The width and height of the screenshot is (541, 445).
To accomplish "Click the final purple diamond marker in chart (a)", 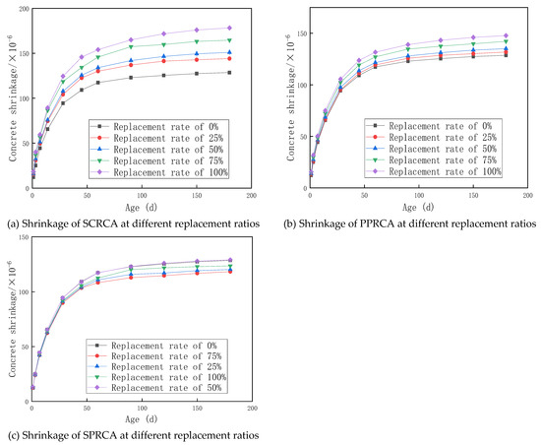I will (229, 28).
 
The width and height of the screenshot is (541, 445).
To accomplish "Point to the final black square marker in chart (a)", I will (229, 72).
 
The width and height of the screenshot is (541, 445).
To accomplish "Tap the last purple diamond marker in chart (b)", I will (507, 35).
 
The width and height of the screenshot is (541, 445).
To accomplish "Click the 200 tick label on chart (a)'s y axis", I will (22, 9).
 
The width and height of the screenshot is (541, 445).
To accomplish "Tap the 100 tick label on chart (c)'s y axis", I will (22, 293).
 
